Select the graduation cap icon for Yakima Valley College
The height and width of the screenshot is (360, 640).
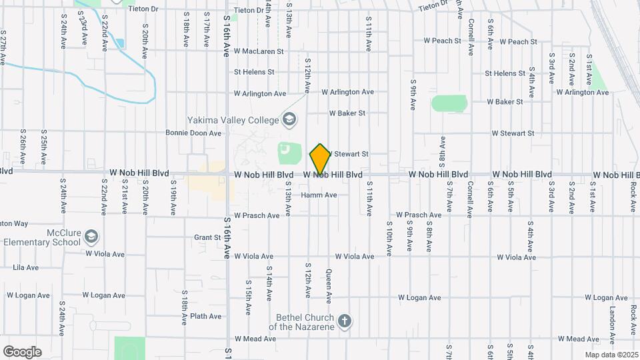[x=289, y=120]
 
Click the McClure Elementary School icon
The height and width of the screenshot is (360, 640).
[x=91, y=237]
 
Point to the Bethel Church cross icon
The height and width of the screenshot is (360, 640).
[x=345, y=321]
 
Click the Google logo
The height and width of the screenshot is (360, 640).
[x=22, y=352]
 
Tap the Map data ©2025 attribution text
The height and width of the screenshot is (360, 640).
[x=611, y=355]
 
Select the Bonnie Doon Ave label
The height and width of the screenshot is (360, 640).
[x=193, y=133]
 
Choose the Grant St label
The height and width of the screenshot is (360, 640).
[x=207, y=237]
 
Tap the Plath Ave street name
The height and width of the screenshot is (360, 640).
[x=205, y=316]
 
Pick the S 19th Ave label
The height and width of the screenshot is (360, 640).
[x=173, y=201]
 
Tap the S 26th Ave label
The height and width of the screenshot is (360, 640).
[x=23, y=147]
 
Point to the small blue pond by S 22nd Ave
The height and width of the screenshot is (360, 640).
[x=120, y=44]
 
